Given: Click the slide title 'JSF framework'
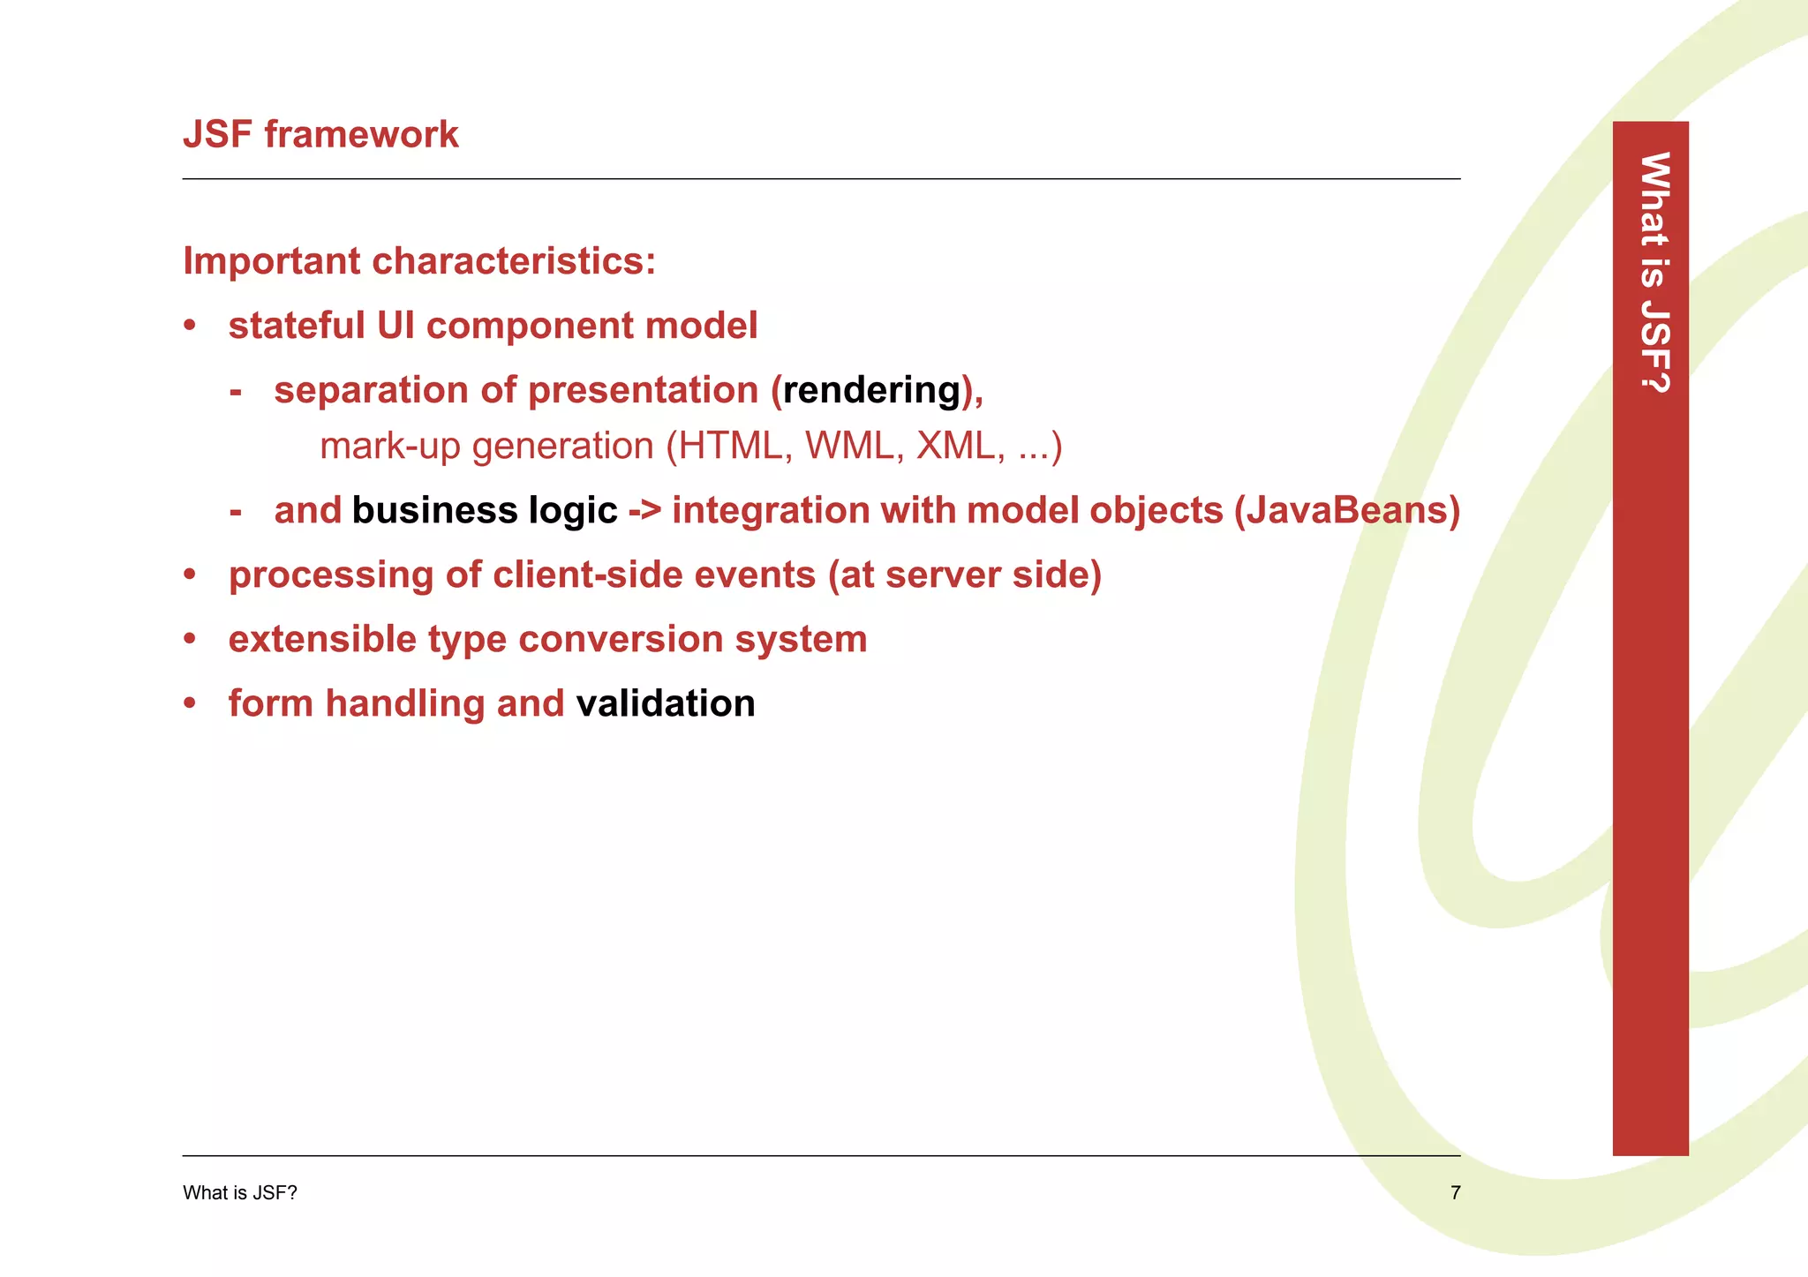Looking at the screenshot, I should [320, 135].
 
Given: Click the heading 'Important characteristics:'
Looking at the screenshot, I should [419, 261].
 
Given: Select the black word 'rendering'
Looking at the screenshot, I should [871, 390].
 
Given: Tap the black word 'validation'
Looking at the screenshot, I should [666, 704].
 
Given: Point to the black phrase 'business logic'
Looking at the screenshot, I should [485, 511].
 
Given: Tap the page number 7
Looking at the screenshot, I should [1455, 1193].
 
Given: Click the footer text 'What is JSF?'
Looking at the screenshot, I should [240, 1193].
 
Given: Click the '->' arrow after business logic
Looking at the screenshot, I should [644, 511].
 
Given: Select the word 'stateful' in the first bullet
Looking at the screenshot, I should [297, 326].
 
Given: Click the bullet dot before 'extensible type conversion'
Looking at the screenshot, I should [190, 640].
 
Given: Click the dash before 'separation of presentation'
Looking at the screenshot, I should [236, 391].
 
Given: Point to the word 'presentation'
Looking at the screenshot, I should [644, 391].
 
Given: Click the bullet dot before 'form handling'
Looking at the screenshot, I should [190, 704].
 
